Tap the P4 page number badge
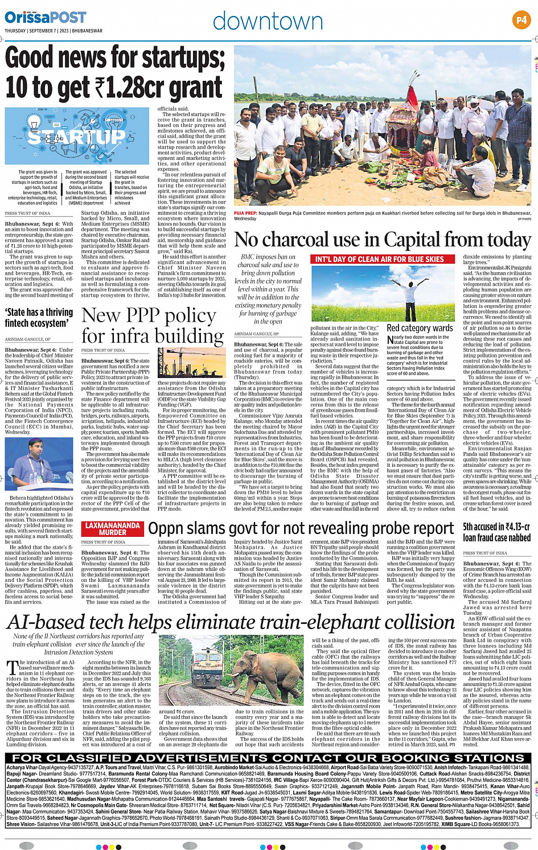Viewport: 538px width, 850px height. point(521,20)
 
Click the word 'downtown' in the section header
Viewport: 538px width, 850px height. point(268,21)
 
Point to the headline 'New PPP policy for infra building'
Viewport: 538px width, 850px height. point(153,326)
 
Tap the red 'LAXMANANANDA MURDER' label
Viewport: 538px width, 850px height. point(113,529)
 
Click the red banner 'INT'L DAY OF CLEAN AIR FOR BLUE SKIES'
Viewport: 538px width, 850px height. point(379,259)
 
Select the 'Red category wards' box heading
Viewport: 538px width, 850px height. point(420,328)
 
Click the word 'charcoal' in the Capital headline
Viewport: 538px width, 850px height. point(300,240)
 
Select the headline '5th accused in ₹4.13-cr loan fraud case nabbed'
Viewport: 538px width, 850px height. point(496,532)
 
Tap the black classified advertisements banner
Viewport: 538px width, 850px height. point(269,757)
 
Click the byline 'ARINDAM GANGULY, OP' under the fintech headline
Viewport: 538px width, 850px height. point(27,339)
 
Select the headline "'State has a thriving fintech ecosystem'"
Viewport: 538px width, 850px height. point(39,317)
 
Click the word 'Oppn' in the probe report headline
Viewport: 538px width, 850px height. point(166,528)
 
